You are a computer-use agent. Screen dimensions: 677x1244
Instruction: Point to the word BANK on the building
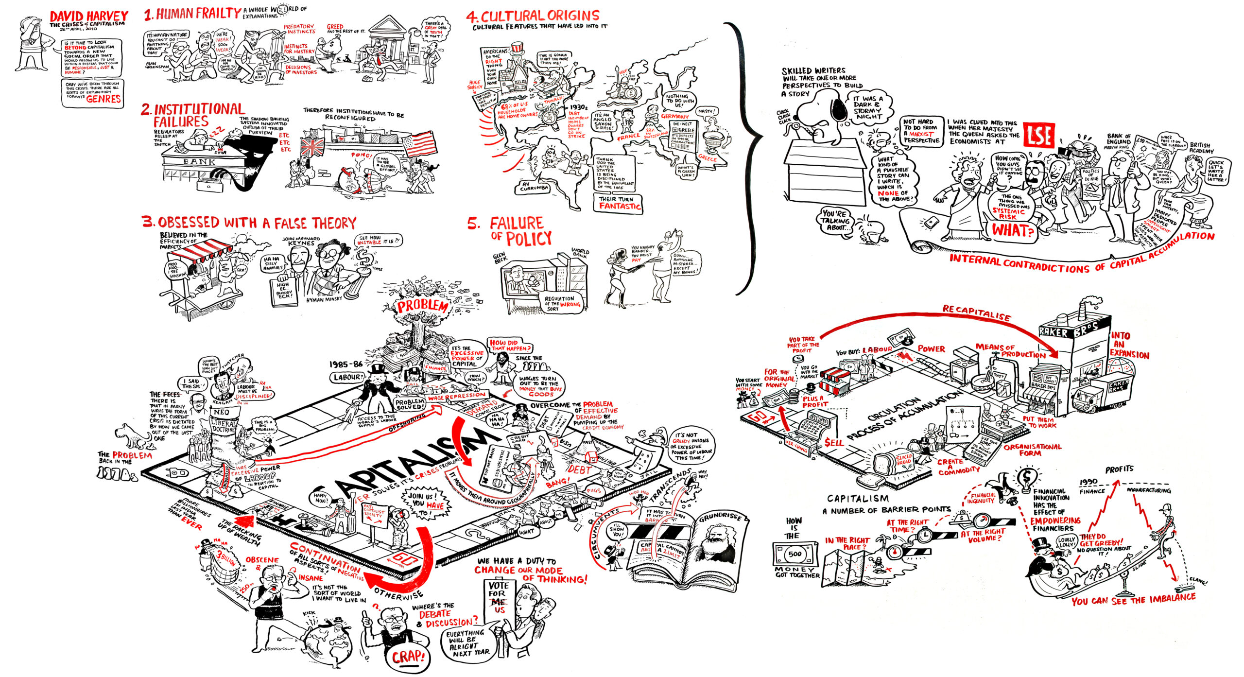coord(200,161)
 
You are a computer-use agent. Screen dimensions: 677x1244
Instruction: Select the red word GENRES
coord(103,99)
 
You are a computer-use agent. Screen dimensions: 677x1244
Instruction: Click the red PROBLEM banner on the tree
coord(422,306)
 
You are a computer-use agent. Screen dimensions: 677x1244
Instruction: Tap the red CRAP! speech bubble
coord(408,657)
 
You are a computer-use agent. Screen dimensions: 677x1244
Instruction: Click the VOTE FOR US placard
coord(499,597)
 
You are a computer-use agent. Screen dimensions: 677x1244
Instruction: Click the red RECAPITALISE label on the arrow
coord(976,313)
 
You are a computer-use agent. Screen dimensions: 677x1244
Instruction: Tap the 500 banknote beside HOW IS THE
coord(795,554)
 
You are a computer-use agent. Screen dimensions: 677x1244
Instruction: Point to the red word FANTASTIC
coord(620,206)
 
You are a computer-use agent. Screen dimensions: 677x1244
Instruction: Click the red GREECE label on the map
coord(707,158)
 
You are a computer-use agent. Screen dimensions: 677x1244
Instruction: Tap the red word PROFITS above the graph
coord(1119,469)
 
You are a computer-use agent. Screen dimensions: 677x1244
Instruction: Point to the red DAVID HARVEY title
coord(89,16)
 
